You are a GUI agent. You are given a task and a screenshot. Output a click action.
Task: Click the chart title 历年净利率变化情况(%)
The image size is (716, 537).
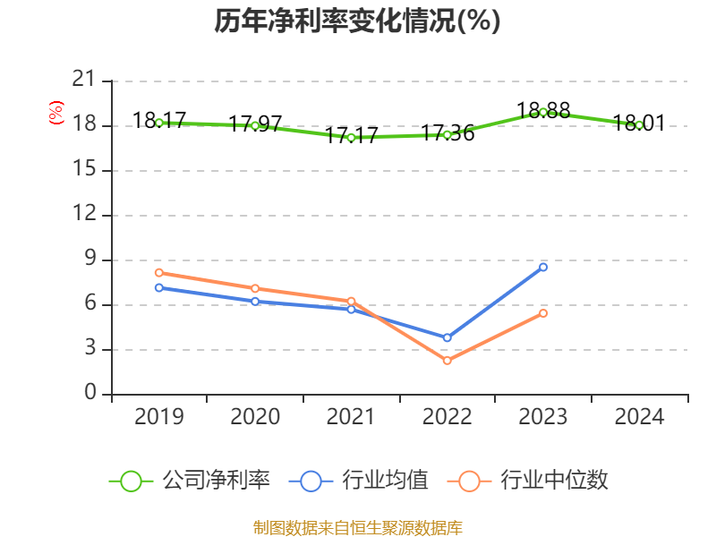point(357,21)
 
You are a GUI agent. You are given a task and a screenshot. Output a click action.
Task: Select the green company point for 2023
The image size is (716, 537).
point(543,112)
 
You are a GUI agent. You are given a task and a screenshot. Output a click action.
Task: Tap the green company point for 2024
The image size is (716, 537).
point(639,125)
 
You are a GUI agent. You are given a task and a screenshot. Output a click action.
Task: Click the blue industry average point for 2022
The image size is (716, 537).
point(447,337)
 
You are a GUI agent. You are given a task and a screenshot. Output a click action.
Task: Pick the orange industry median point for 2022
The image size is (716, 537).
point(447,361)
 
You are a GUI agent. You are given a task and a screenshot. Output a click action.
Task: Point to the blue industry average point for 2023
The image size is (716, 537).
point(543,267)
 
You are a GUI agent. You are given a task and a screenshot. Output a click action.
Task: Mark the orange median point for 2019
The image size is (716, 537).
point(158,272)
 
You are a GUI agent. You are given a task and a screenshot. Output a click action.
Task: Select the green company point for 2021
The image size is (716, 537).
point(351,137)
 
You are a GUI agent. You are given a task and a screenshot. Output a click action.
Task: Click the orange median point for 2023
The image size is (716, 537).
point(543,312)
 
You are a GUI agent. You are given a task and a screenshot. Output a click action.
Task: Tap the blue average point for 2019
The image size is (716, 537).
point(158,287)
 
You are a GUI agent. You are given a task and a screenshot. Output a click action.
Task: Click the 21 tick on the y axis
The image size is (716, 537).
point(83,81)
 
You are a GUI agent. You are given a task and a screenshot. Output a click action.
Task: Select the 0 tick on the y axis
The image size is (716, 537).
point(89,394)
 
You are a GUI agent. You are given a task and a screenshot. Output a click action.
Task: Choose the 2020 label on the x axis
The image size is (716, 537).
point(255,416)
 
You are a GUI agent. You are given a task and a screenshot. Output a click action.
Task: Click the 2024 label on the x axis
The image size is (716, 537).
point(639,416)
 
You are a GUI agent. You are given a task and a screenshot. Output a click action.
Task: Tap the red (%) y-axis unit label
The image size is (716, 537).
point(56,113)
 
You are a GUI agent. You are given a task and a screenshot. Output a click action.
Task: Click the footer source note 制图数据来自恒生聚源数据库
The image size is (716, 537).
point(357,528)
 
